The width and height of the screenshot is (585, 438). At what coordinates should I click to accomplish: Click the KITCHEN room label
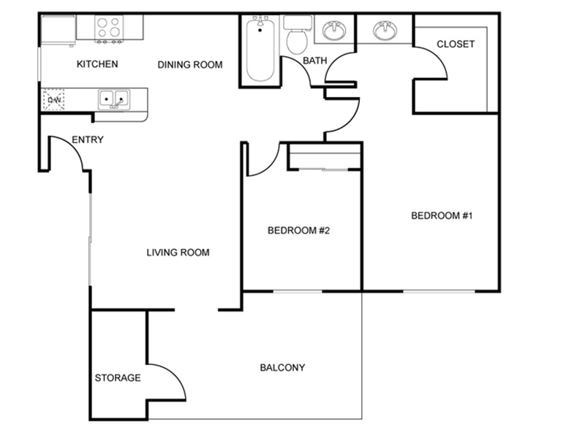(x=97, y=64)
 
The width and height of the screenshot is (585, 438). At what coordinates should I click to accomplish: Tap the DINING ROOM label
(x=190, y=65)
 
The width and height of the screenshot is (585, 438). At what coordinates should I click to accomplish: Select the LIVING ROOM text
(x=178, y=253)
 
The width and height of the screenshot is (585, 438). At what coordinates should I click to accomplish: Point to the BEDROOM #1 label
(x=442, y=215)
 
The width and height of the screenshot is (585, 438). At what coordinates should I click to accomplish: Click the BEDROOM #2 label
(x=298, y=231)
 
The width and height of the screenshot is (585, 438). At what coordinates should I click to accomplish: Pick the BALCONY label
(x=282, y=368)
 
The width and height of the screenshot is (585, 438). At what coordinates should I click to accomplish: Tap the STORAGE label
(x=118, y=378)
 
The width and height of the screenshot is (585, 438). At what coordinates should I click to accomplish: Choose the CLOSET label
(x=456, y=44)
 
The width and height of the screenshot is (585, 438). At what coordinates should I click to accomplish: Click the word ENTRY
(x=87, y=139)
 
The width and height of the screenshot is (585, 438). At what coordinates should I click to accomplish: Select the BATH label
(x=315, y=61)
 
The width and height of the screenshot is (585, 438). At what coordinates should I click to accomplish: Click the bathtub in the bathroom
(x=260, y=48)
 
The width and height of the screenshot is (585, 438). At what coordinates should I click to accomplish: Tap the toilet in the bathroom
(x=297, y=34)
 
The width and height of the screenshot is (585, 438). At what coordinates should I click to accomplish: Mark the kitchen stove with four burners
(x=108, y=28)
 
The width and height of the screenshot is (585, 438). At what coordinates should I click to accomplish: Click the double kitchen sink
(x=114, y=99)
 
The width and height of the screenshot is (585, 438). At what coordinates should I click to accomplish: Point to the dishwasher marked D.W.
(x=53, y=99)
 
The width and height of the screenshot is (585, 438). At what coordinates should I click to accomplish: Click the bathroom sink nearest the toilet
(x=334, y=30)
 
